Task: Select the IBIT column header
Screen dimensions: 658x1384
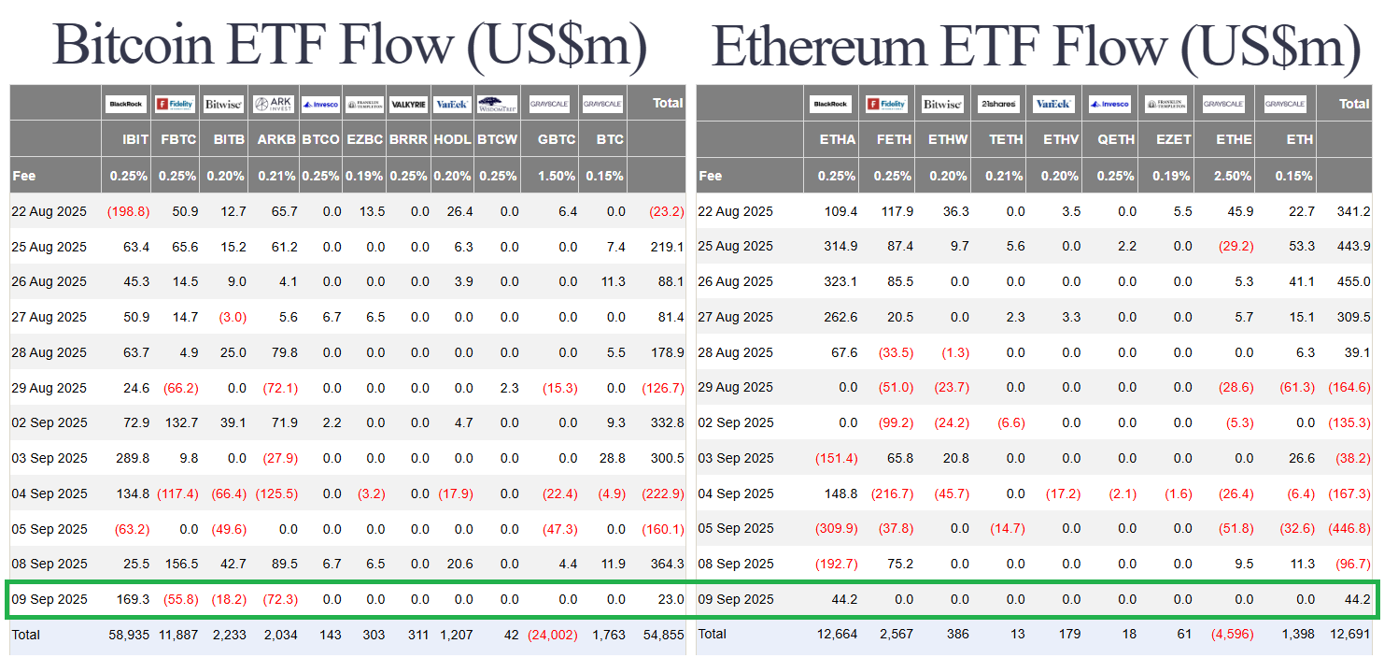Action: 135,139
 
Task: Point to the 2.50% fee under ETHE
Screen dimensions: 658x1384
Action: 1234,176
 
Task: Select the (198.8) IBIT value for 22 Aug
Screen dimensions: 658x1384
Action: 128,212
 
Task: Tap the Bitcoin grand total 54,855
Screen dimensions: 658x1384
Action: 665,635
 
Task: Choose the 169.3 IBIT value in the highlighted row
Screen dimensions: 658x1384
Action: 132,599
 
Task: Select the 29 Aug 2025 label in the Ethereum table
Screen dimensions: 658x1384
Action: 736,388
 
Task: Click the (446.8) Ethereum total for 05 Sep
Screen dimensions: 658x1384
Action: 1349,529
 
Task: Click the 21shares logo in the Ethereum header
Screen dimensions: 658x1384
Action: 1000,104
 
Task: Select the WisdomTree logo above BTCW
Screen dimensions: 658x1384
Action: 497,104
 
